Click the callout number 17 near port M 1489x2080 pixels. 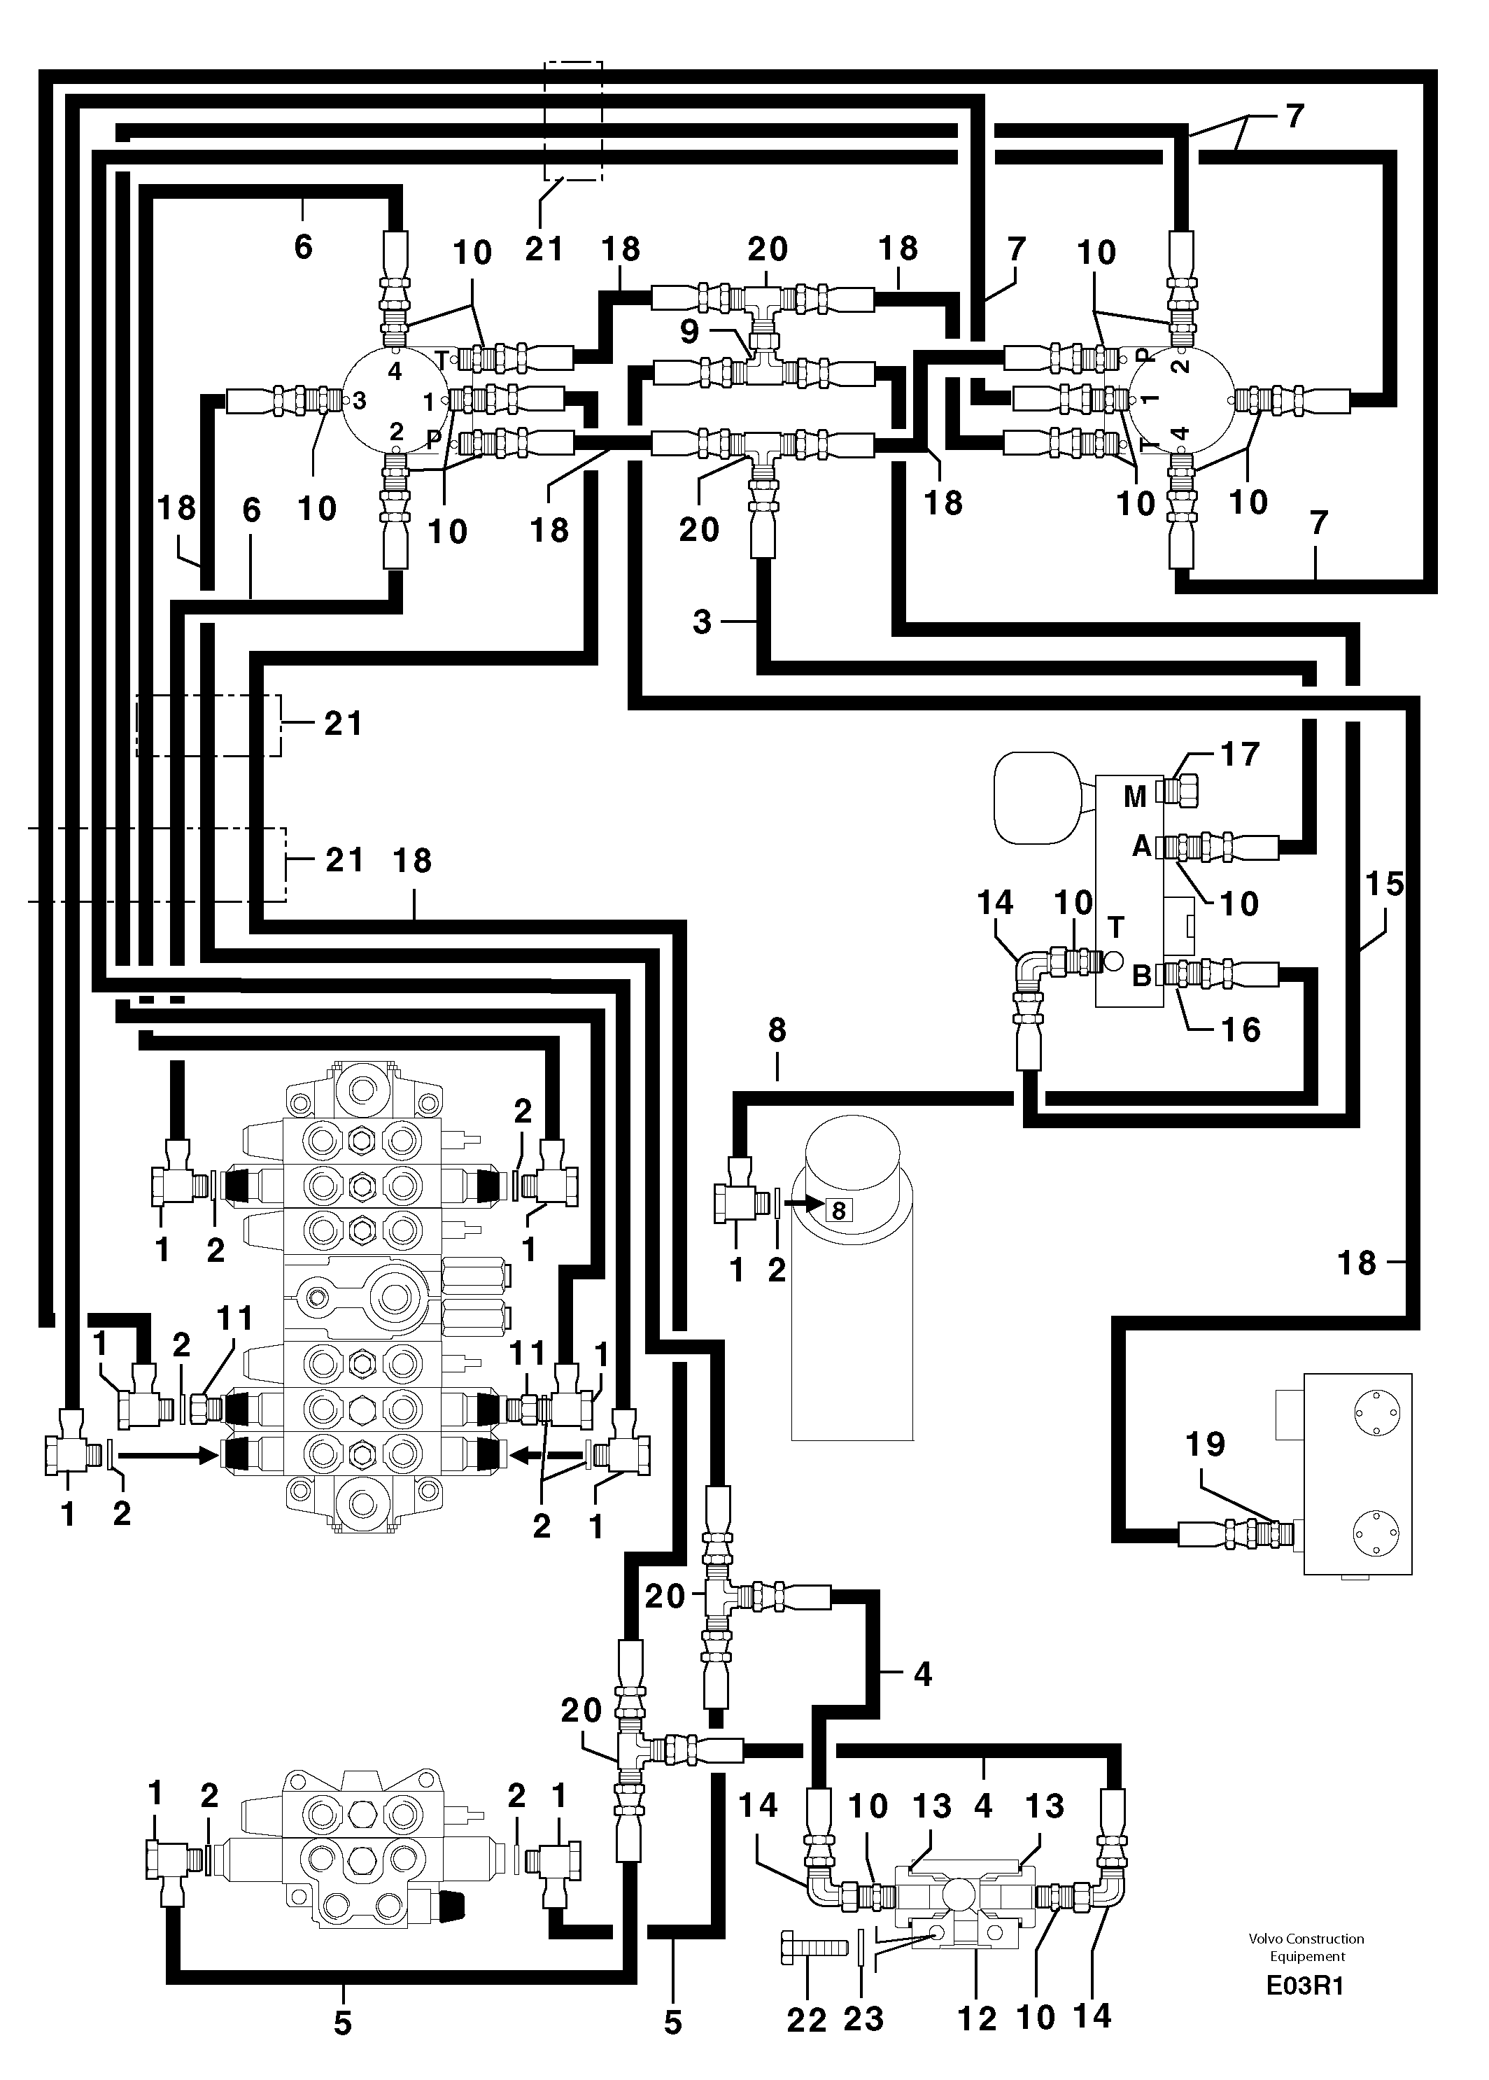pos(1240,754)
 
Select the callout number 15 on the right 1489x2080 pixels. pos(1385,884)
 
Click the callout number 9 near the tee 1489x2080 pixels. pos(689,330)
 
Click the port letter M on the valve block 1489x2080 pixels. pos(1135,797)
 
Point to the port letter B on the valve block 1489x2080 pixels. pos(1141,976)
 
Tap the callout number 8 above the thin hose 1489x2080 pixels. pos(777,1031)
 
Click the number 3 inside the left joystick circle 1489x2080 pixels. pos(360,401)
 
